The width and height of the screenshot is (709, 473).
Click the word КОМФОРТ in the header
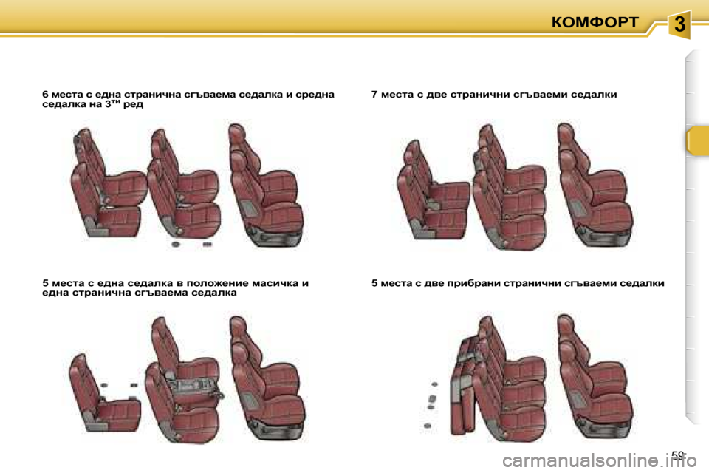595,22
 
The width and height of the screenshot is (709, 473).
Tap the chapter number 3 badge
679,24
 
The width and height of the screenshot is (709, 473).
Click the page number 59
677,455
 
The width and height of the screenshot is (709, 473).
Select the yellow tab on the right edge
696,141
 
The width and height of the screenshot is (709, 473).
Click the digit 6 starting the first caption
45,95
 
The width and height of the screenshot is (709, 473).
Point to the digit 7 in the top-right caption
374,95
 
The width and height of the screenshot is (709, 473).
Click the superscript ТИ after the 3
115,102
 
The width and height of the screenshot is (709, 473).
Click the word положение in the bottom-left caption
217,283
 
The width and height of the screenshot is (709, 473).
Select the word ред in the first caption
133,104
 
